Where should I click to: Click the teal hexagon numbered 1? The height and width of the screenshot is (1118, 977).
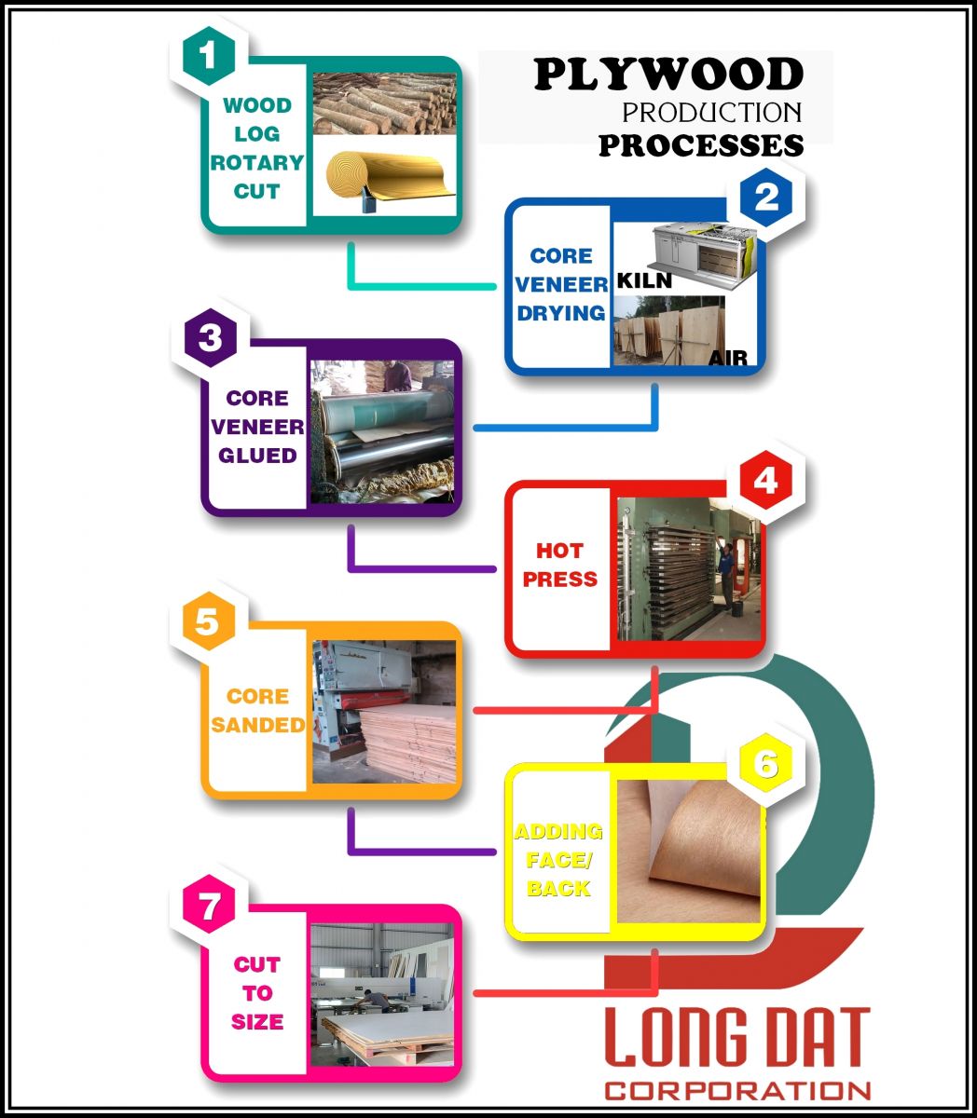click(209, 56)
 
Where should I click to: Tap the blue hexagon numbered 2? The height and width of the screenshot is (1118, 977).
click(766, 198)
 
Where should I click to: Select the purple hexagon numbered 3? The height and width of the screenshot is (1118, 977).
click(211, 337)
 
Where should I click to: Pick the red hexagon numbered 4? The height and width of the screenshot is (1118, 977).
click(766, 481)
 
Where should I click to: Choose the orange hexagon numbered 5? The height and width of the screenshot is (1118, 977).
click(209, 621)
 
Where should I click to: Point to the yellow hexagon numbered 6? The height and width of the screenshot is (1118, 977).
click(766, 763)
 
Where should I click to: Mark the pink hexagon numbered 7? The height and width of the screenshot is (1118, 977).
click(209, 905)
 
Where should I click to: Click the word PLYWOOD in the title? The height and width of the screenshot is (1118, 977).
click(668, 75)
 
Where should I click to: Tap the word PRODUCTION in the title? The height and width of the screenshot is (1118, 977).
click(712, 113)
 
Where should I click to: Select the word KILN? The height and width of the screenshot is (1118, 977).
click(644, 280)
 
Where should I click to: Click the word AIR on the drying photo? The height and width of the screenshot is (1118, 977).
click(728, 358)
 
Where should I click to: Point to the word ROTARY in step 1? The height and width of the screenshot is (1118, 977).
click(257, 163)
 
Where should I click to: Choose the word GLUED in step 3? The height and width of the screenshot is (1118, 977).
click(257, 456)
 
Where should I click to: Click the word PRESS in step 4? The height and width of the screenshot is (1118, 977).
click(560, 579)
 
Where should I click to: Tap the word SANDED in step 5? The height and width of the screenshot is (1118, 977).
click(257, 725)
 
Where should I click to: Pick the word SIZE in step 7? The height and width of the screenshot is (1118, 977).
click(257, 1021)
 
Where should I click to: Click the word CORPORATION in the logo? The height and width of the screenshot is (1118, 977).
click(737, 1092)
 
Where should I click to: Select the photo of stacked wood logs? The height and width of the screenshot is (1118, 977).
click(384, 103)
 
